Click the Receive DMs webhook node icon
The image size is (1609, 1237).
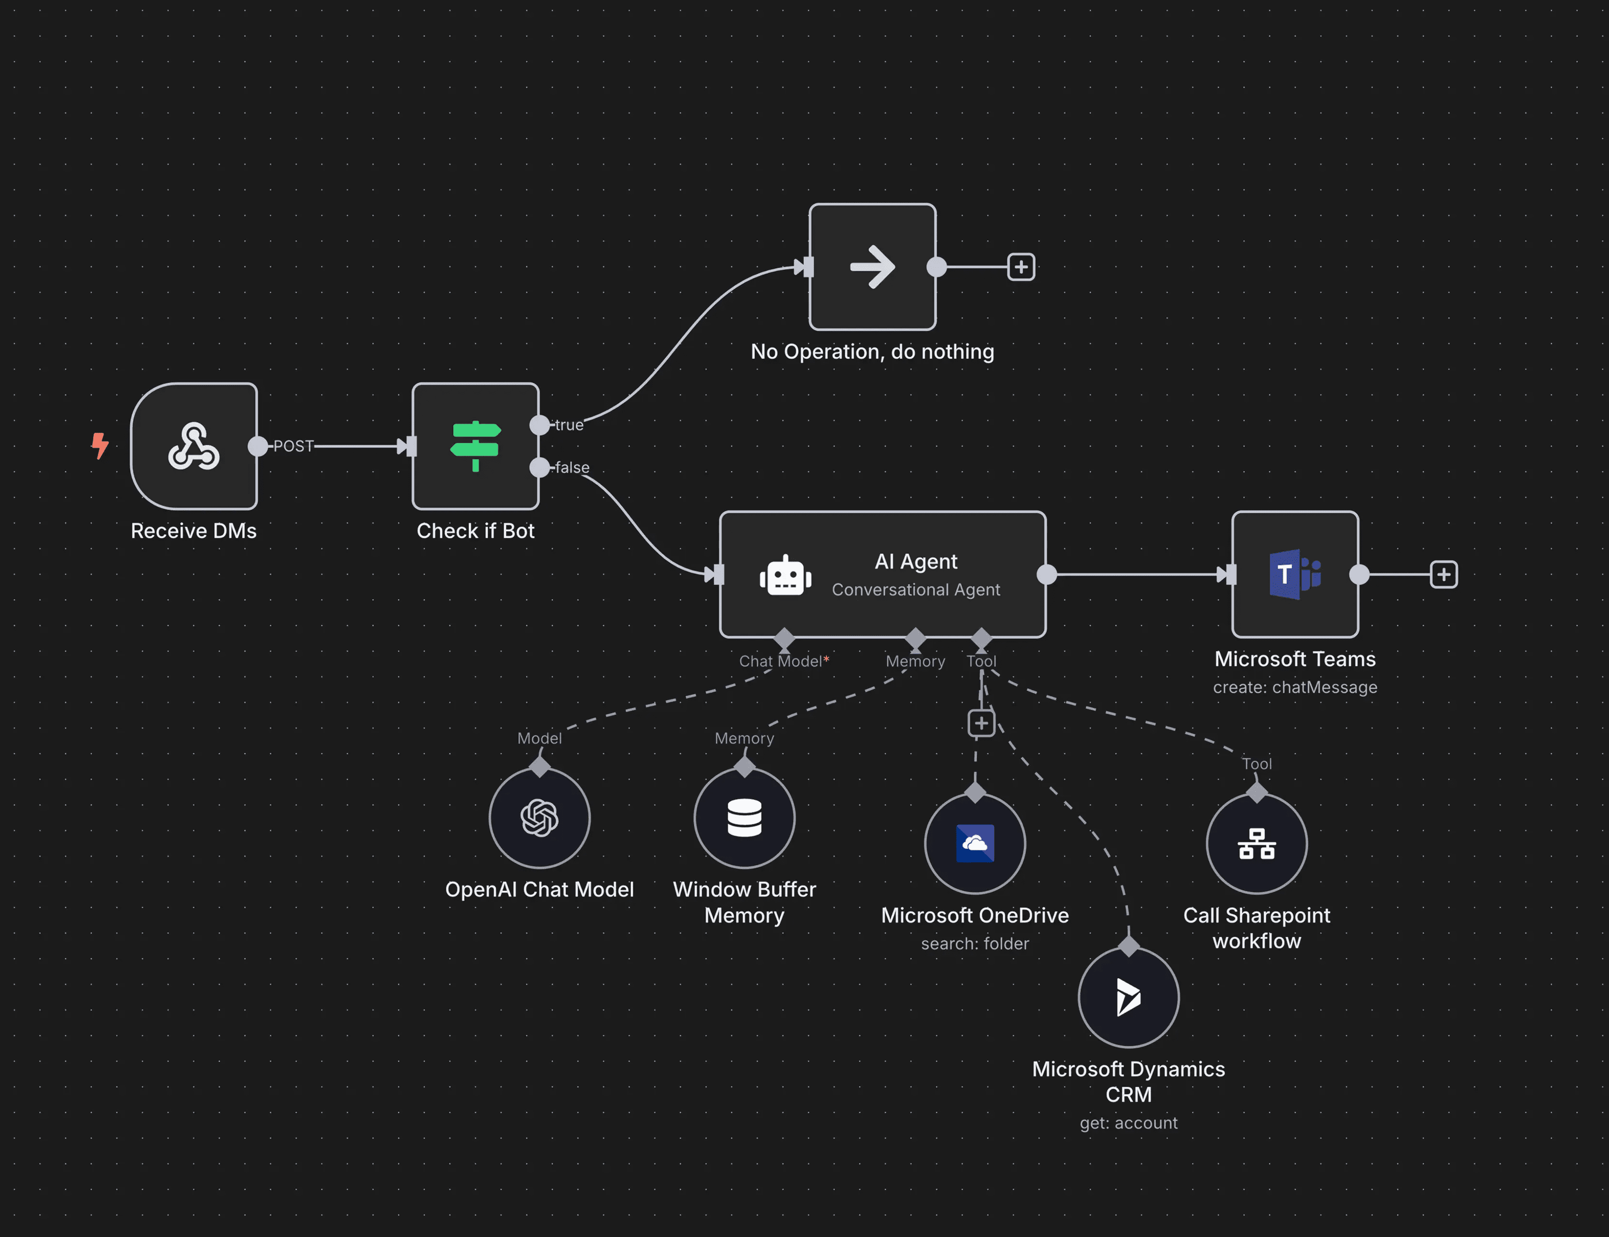pyautogui.click(x=194, y=446)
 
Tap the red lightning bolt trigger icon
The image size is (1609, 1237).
pyautogui.click(x=100, y=445)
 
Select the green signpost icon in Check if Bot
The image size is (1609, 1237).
pyautogui.click(x=475, y=445)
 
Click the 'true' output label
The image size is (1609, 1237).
pyautogui.click(x=569, y=425)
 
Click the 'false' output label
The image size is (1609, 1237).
pyautogui.click(x=572, y=467)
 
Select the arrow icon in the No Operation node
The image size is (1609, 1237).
pyautogui.click(x=872, y=266)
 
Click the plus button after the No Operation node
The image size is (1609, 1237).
pyautogui.click(x=1021, y=266)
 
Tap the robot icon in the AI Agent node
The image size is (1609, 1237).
pyautogui.click(x=786, y=575)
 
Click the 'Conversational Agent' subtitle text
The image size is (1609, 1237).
pyautogui.click(x=916, y=590)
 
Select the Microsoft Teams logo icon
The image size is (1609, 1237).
pyautogui.click(x=1295, y=574)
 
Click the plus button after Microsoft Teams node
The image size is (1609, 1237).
pyautogui.click(x=1444, y=574)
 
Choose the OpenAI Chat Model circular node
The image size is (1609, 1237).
pyautogui.click(x=539, y=818)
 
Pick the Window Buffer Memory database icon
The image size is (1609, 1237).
pyautogui.click(x=744, y=818)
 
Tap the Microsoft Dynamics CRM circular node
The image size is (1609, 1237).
pyautogui.click(x=1128, y=997)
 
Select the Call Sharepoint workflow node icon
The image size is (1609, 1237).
pyautogui.click(x=1257, y=844)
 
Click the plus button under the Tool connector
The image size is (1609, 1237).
pyautogui.click(x=981, y=723)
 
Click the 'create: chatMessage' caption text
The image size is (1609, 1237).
pyautogui.click(x=1295, y=687)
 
